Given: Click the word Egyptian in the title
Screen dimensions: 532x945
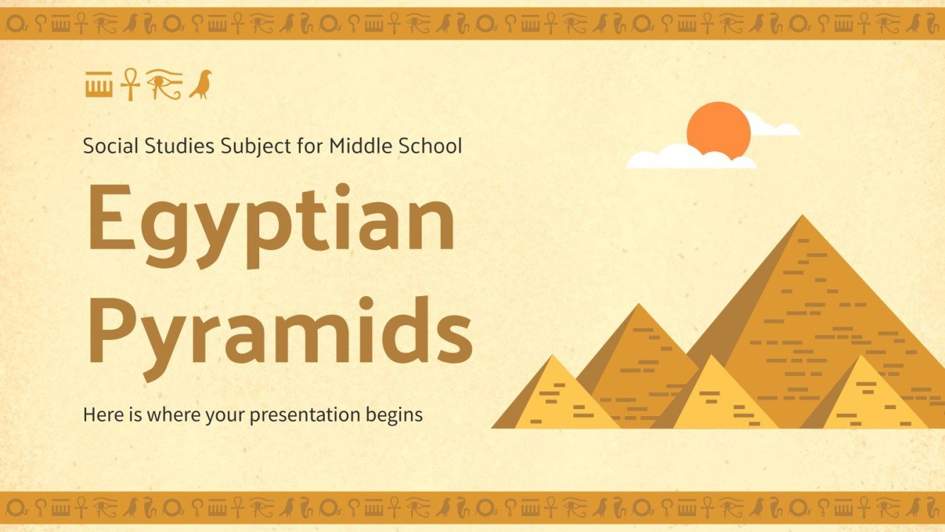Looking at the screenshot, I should (271, 221).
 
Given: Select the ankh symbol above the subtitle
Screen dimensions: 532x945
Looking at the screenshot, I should (130, 85).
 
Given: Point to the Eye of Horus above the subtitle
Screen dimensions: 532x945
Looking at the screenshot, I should (164, 85).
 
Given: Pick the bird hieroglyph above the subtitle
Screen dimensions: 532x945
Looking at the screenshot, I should (201, 85).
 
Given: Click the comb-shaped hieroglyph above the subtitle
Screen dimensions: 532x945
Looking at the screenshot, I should (99, 85).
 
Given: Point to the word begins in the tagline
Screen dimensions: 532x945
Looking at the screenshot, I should (394, 414).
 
